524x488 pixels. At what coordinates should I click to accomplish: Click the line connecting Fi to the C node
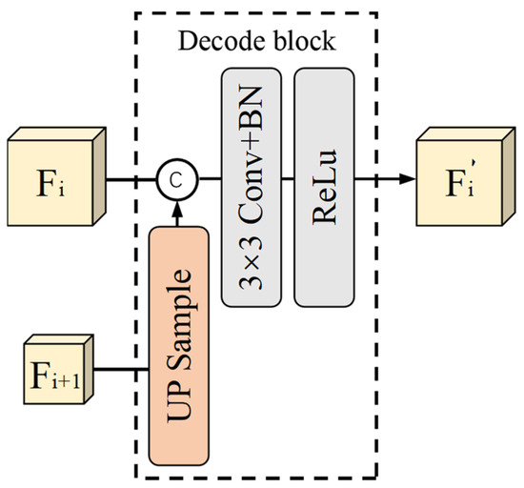coord(129,177)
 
